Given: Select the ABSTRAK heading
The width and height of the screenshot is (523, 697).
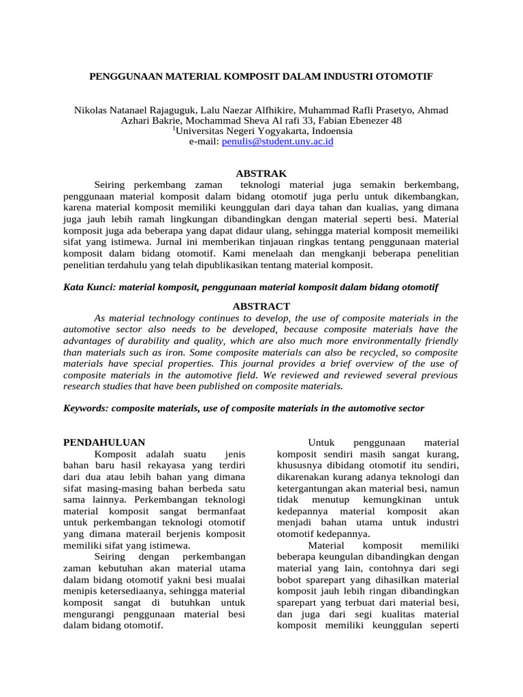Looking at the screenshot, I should click(261, 174).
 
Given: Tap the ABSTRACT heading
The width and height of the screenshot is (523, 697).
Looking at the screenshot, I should click(261, 306).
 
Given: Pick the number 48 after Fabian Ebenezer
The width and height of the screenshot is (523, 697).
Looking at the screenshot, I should click(396, 120).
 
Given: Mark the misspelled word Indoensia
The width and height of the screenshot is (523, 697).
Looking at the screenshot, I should click(330, 131).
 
